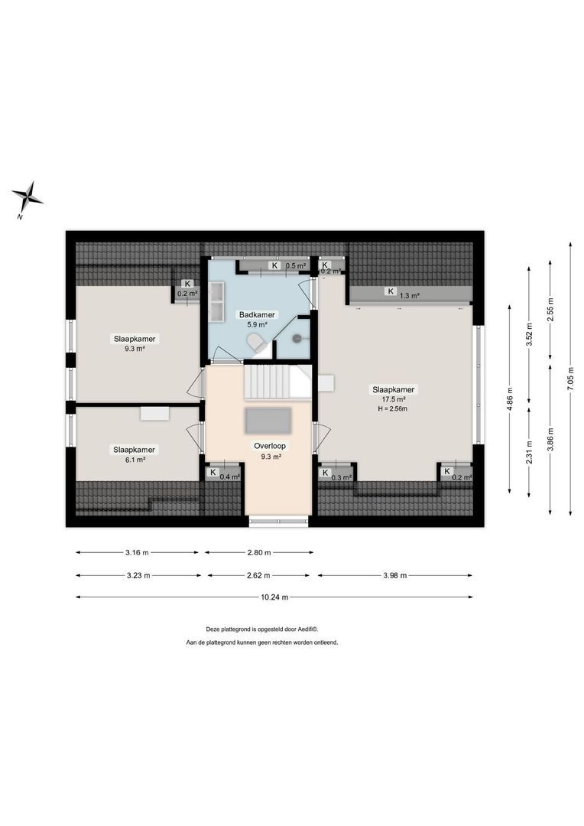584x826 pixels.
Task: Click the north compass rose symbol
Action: (x=28, y=197)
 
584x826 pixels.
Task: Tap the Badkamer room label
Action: (x=257, y=314)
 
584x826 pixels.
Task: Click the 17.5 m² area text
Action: (x=394, y=398)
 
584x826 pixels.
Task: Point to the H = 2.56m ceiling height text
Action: (x=394, y=408)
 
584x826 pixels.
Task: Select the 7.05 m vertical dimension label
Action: (x=570, y=378)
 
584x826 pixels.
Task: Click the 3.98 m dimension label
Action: (x=394, y=575)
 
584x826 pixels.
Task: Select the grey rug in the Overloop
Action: (x=268, y=421)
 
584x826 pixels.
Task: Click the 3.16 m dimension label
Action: (x=138, y=552)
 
